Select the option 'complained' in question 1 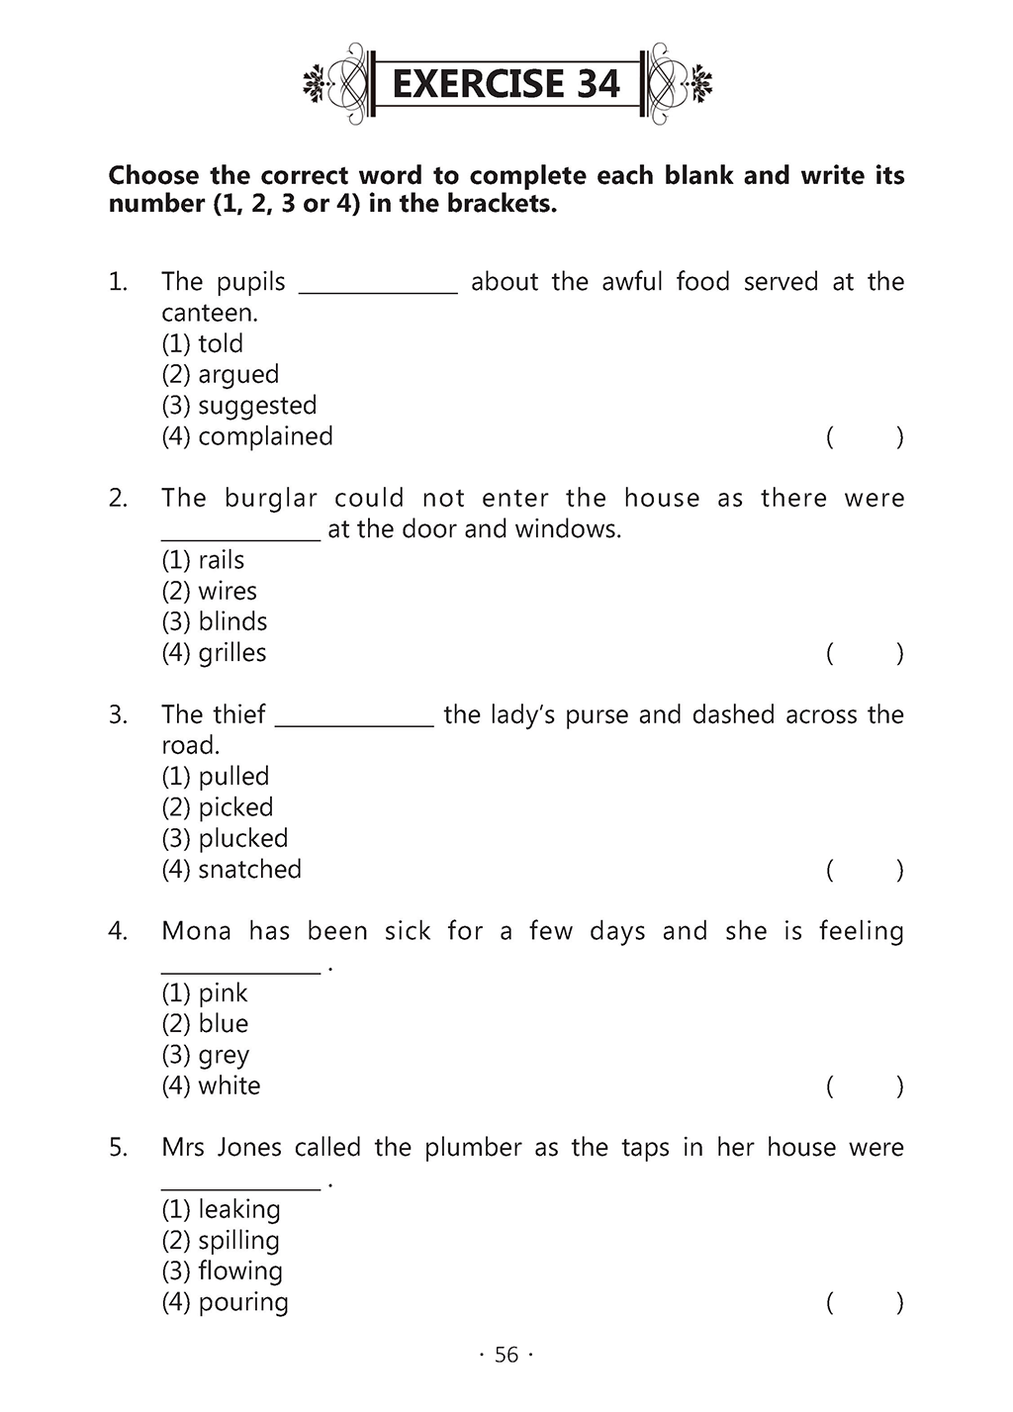(247, 436)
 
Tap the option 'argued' (221, 374)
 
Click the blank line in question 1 (378, 289)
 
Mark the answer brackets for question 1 (865, 436)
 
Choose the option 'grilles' (215, 653)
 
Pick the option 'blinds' (215, 621)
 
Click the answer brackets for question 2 (865, 653)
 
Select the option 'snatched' (231, 870)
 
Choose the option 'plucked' (225, 838)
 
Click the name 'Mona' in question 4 (196, 931)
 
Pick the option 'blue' (205, 1023)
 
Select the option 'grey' (206, 1055)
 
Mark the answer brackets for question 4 (865, 1086)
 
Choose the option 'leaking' (221, 1209)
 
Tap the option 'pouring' (225, 1302)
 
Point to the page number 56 (506, 1355)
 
